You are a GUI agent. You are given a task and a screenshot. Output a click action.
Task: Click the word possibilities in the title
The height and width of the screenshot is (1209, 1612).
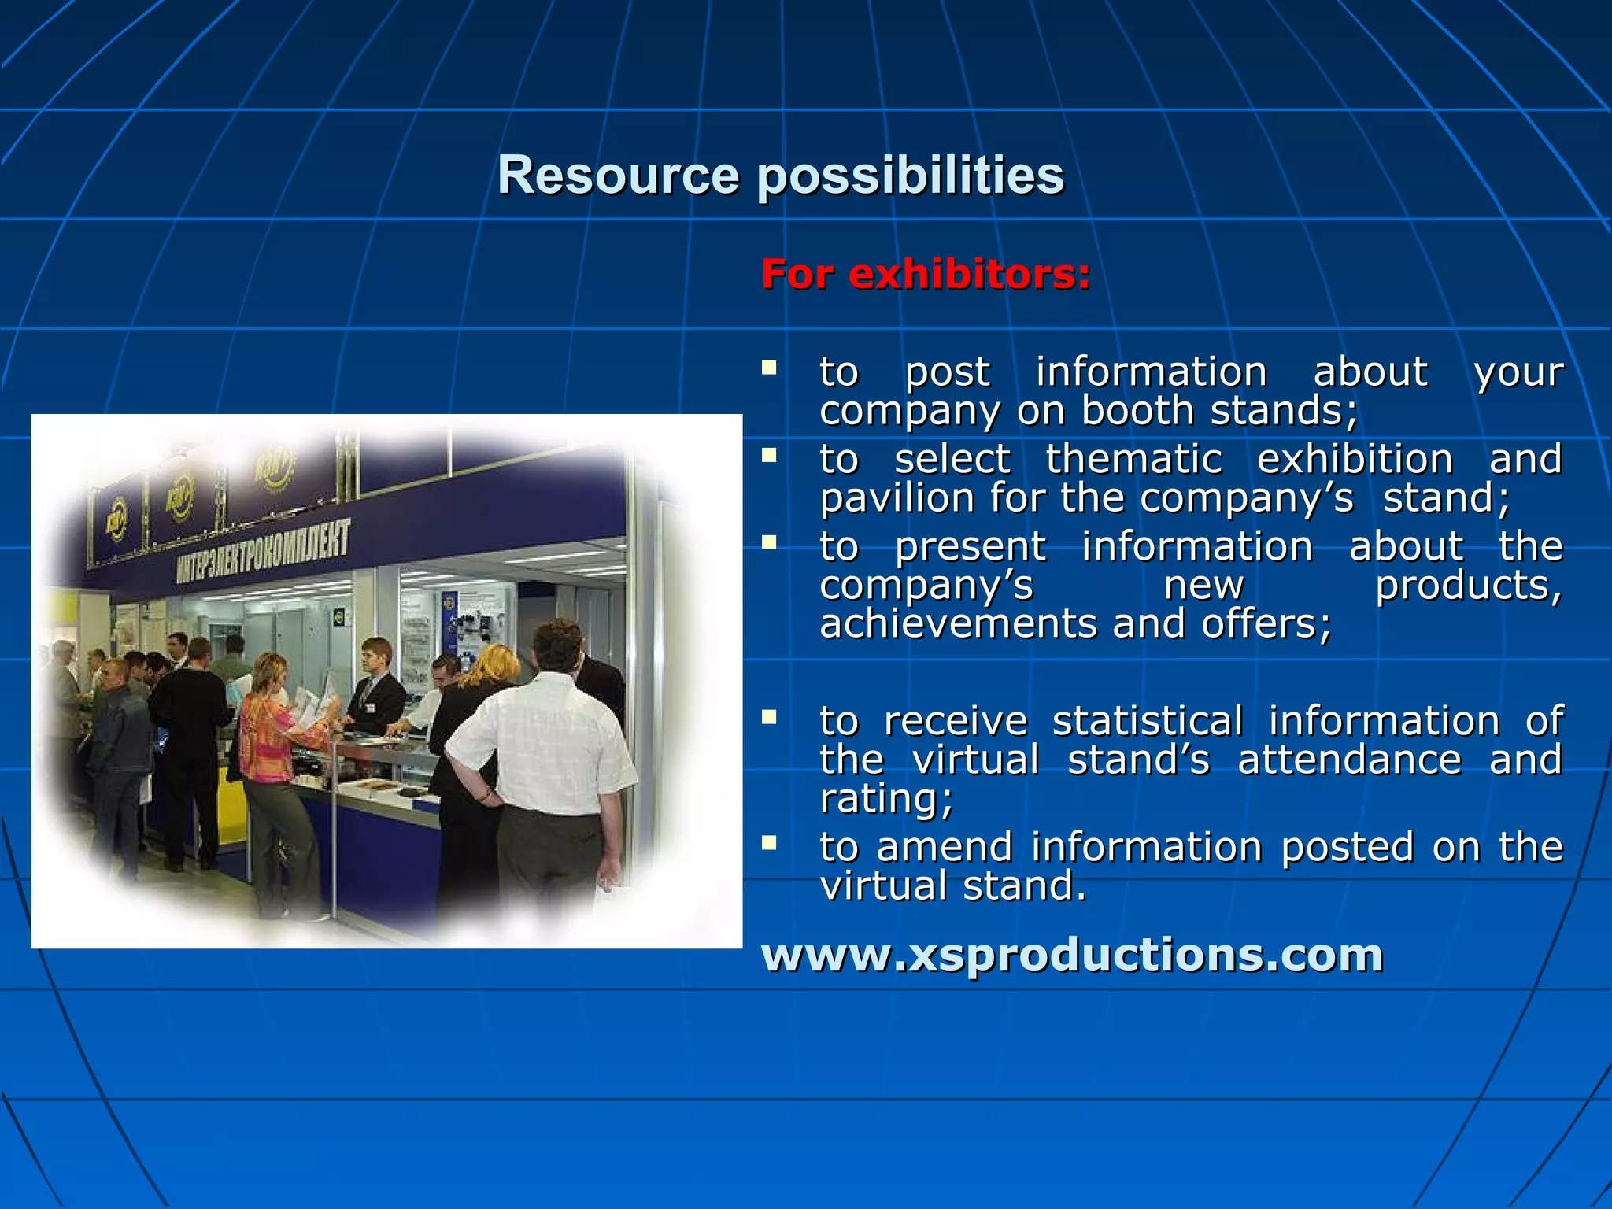(x=910, y=176)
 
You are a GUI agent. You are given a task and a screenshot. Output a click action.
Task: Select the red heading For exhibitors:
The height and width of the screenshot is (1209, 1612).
(x=926, y=275)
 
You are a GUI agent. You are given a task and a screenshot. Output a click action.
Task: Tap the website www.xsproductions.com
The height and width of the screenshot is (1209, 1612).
(x=1072, y=955)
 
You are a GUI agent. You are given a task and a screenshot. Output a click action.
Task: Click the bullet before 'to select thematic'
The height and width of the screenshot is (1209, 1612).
(x=769, y=455)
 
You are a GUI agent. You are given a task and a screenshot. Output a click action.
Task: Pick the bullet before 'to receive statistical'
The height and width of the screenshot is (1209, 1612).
(x=769, y=717)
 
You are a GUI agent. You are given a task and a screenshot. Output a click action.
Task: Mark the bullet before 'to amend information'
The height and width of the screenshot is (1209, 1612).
(x=769, y=844)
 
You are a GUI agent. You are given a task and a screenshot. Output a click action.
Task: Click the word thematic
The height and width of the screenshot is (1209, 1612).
(x=1133, y=459)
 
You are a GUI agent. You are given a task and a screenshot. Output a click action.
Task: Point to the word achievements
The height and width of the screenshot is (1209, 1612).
(x=959, y=624)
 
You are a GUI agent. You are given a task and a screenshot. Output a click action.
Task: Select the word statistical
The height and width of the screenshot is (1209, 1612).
(x=1148, y=721)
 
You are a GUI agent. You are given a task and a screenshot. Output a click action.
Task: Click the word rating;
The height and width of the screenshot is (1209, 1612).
(x=886, y=799)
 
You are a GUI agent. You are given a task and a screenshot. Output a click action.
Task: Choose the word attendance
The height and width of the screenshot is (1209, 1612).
(x=1349, y=760)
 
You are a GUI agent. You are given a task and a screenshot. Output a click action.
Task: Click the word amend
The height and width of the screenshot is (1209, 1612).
(x=944, y=848)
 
